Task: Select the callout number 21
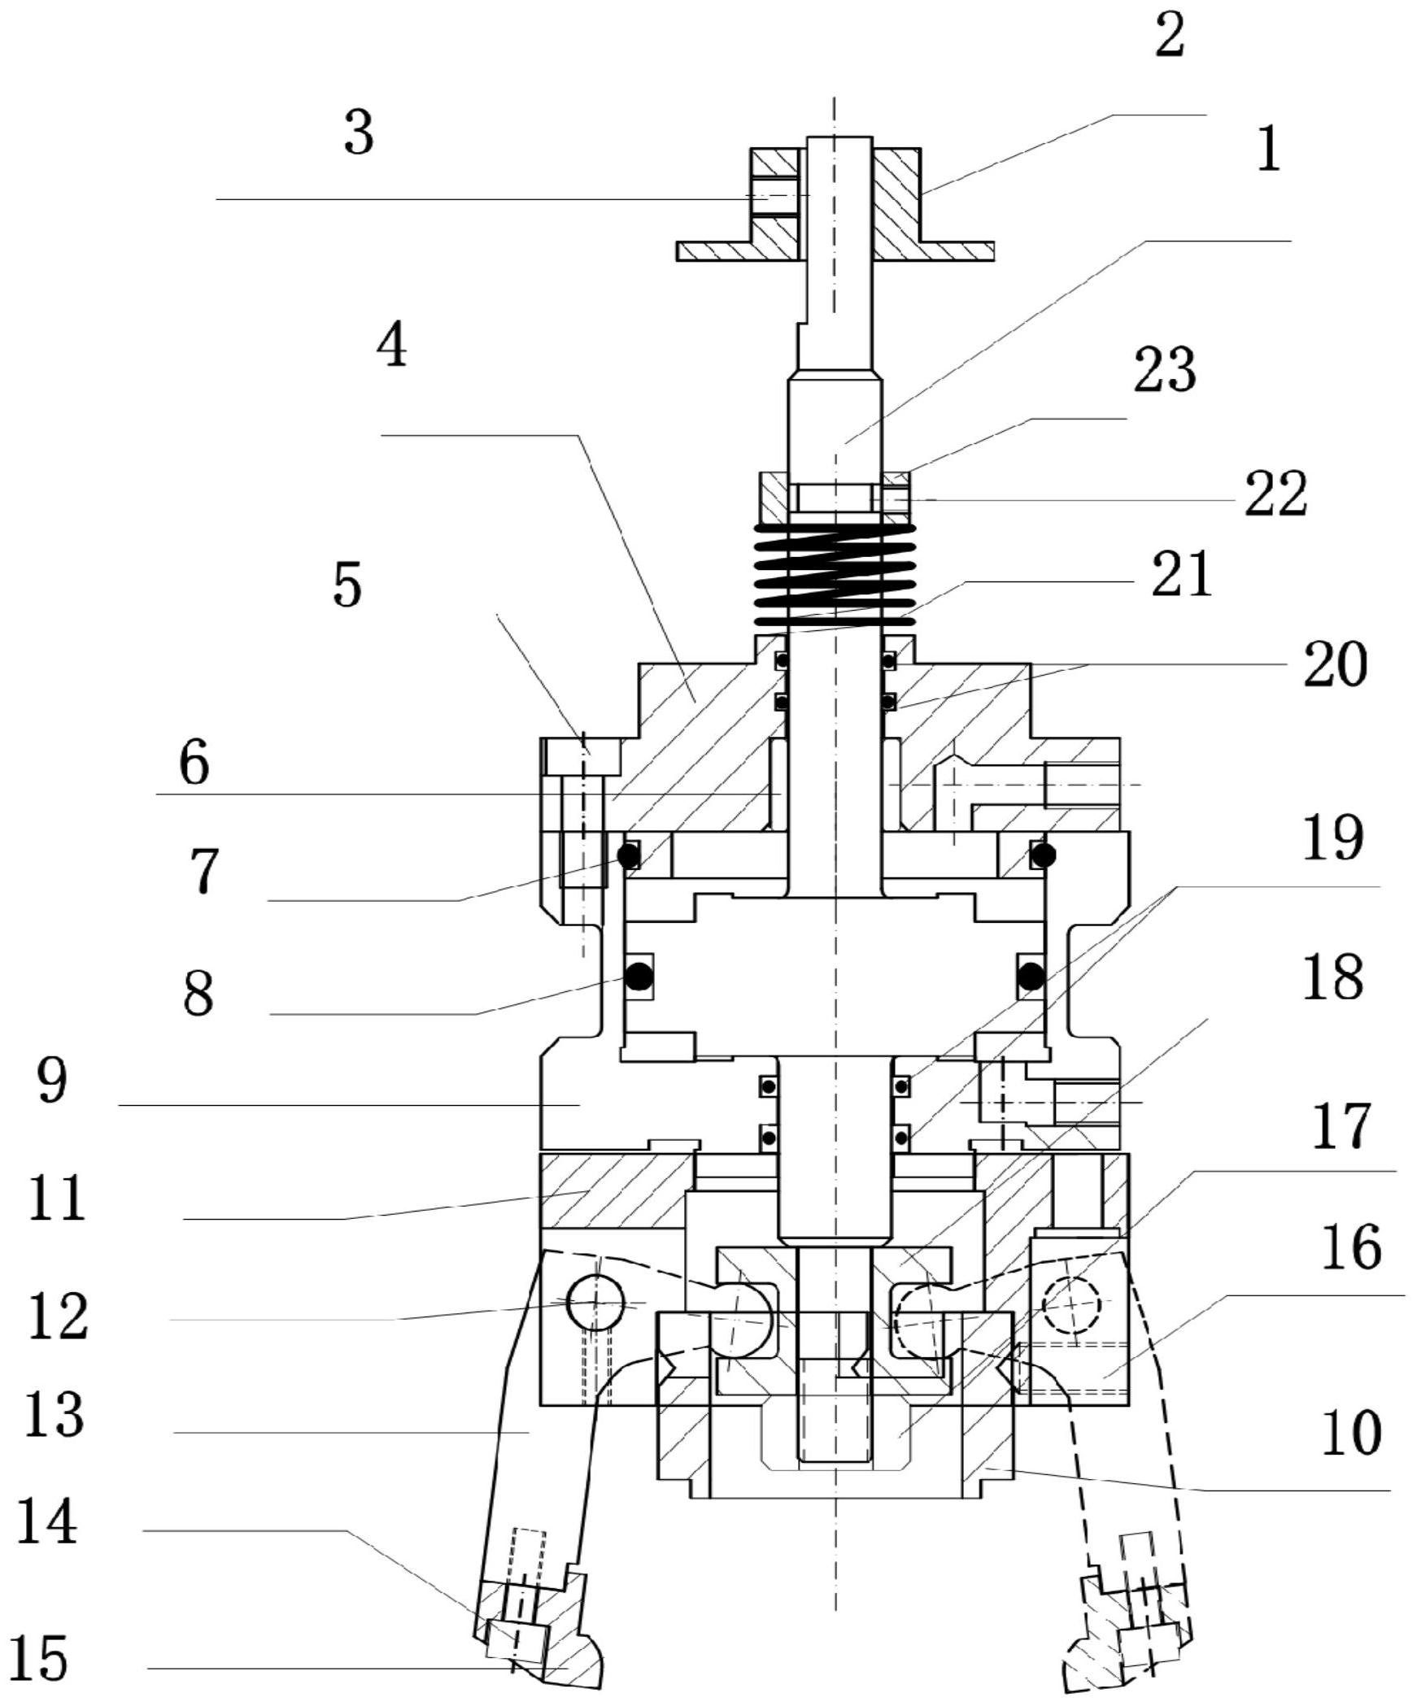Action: tap(1182, 574)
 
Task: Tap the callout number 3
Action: tap(359, 133)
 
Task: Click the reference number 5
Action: tap(347, 585)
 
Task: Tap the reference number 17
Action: tap(1342, 1126)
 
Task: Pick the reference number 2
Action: tap(1170, 35)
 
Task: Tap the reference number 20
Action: tap(1336, 664)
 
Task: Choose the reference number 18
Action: tap(1332, 977)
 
